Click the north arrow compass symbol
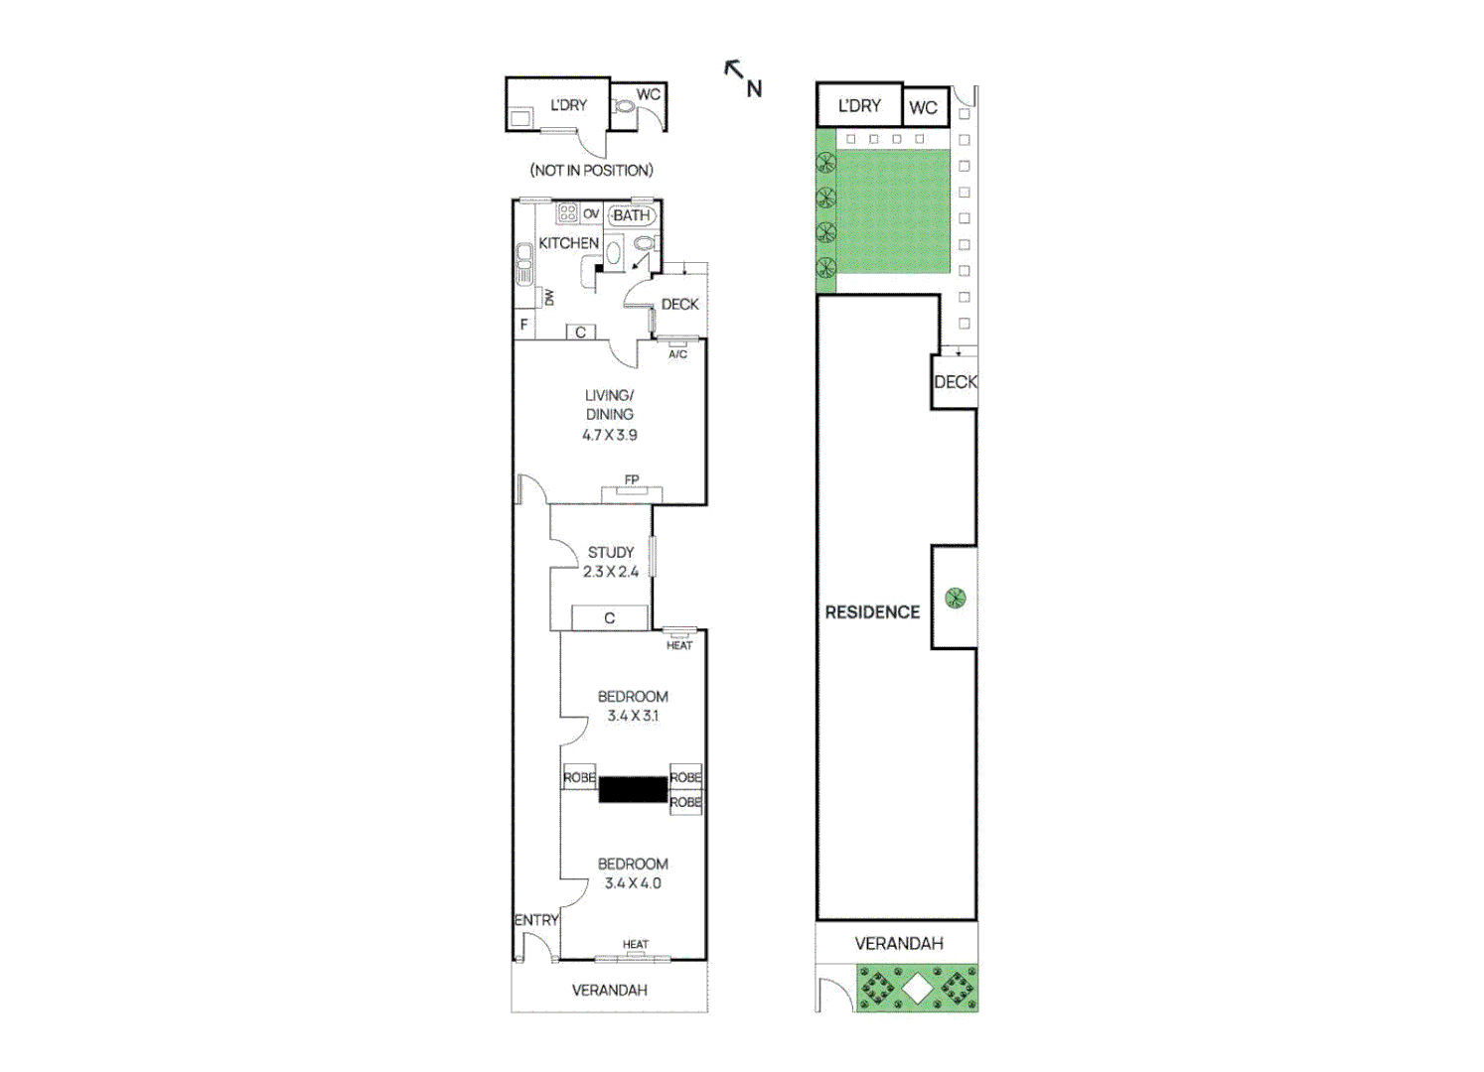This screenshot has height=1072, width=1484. [743, 78]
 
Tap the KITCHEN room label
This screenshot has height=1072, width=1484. [568, 243]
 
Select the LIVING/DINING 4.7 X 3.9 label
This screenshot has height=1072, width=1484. [609, 415]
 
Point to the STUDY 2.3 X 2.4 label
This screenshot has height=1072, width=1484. [610, 562]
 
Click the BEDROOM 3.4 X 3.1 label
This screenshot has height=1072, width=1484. [633, 706]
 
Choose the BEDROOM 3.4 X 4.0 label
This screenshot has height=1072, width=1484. [633, 873]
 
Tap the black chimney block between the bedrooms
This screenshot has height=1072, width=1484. [633, 789]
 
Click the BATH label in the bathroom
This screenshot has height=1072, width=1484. [631, 215]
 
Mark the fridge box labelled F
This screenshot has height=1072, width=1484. [524, 325]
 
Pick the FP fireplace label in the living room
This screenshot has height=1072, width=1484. [632, 480]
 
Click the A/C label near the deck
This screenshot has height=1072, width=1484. [677, 354]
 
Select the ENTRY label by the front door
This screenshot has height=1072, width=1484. [536, 920]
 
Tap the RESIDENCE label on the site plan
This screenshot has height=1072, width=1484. [872, 612]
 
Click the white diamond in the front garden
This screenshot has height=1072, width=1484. [917, 989]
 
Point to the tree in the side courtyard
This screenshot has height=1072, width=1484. [955, 598]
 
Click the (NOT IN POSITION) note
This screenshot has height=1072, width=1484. [591, 171]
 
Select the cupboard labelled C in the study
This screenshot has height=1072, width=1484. [609, 618]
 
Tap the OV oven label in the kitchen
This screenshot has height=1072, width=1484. [591, 213]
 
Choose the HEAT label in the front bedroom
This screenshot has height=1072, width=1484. [636, 944]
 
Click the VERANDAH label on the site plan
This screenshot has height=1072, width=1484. [899, 943]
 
